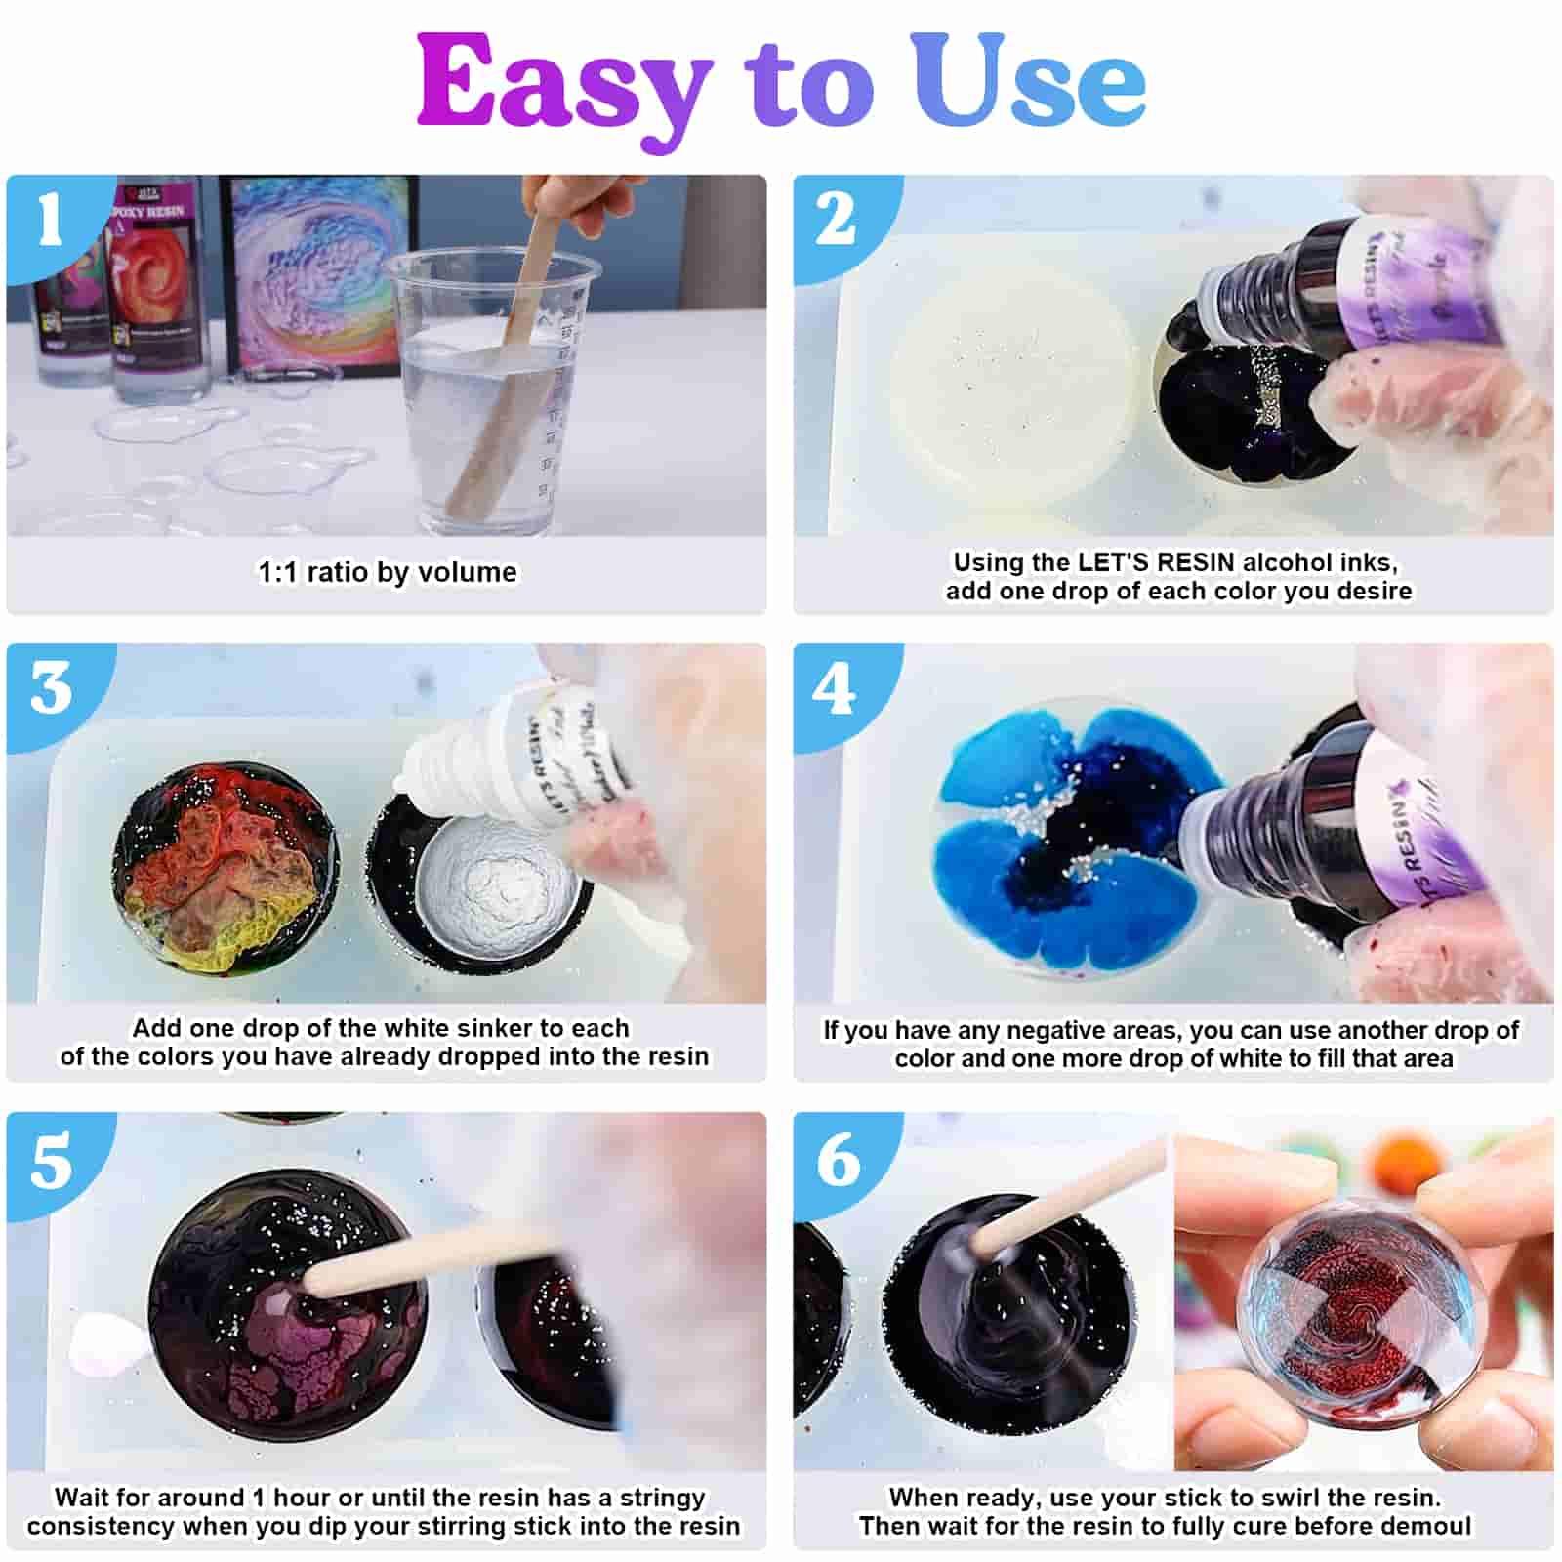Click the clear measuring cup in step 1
pyautogui.click(x=488, y=390)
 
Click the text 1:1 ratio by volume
pyautogui.click(x=388, y=571)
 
